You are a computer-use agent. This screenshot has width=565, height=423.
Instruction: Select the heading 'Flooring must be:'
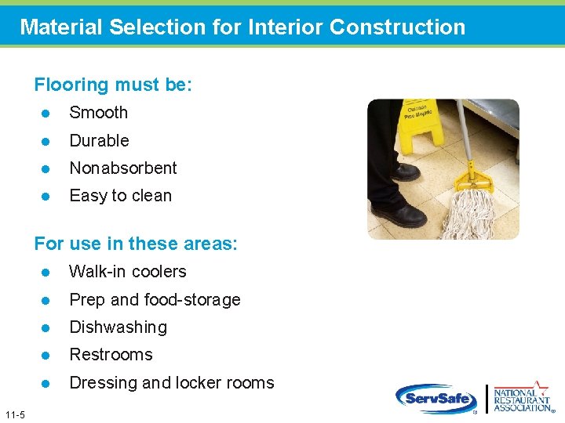[x=113, y=85]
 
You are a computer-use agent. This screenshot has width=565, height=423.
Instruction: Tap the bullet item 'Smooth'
[x=98, y=113]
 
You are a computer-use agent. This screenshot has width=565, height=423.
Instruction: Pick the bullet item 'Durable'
[x=99, y=141]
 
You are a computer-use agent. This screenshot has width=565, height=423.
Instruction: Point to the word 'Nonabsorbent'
[x=123, y=168]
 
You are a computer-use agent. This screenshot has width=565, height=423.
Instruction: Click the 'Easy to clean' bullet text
[x=120, y=196]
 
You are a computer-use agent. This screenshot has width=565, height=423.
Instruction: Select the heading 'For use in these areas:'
[x=136, y=244]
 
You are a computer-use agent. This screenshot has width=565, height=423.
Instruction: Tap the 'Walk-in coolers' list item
[x=128, y=272]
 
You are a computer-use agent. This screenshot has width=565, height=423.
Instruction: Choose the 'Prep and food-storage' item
[x=155, y=300]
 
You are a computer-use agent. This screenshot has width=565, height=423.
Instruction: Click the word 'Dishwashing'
[x=118, y=327]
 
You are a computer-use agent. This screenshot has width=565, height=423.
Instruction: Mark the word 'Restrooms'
[x=111, y=355]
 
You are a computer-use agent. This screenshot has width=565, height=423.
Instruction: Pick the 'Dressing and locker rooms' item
[x=172, y=383]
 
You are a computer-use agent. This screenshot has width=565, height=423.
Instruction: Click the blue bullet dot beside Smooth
[x=46, y=114]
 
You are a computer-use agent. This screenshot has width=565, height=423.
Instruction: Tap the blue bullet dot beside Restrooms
[x=46, y=356]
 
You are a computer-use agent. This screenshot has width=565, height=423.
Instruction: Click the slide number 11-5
[x=14, y=414]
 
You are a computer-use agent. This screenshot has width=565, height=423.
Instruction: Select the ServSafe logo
[x=436, y=399]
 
